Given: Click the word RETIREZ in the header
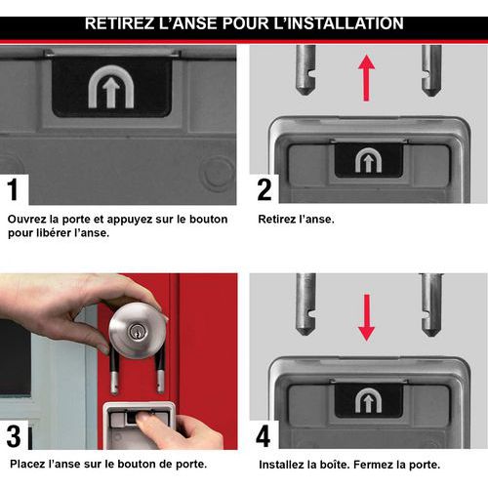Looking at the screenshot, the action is click(x=119, y=23).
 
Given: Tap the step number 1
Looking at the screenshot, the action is click(x=13, y=189).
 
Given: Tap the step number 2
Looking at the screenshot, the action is click(x=264, y=189).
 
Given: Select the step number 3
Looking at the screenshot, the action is click(x=14, y=436).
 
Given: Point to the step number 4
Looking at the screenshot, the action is click(x=264, y=436).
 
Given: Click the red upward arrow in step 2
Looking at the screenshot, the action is click(x=367, y=78).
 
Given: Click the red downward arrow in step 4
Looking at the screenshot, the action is click(x=367, y=318).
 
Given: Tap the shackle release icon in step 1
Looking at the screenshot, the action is click(x=111, y=87).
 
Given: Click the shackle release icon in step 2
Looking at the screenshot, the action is click(x=368, y=160).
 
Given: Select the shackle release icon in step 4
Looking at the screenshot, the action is click(x=368, y=400).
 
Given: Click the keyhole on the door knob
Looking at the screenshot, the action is click(x=135, y=332).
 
